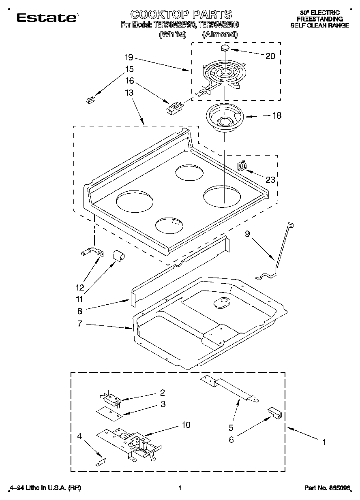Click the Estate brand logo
[47, 17]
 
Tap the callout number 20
[270, 56]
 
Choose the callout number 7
[79, 324]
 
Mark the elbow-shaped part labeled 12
[91, 253]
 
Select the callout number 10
[186, 425]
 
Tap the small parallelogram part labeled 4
[101, 461]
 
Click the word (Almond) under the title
[220, 34]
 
